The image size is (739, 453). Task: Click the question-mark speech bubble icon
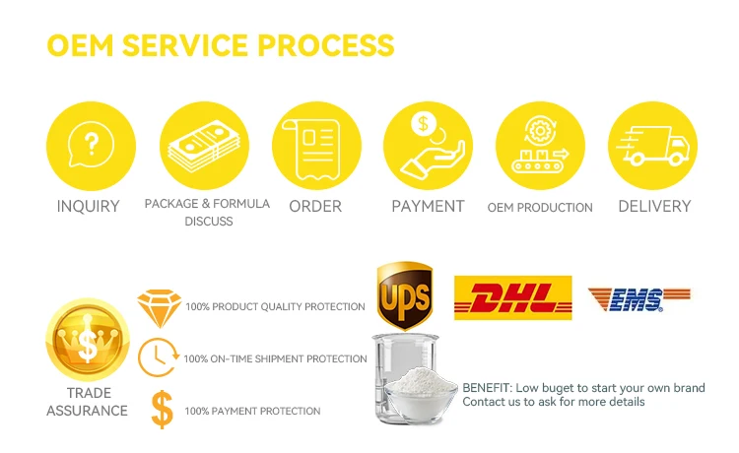click(89, 146)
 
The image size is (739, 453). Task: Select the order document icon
click(315, 146)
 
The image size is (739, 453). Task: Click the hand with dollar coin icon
click(428, 146)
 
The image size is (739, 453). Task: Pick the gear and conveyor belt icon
click(540, 146)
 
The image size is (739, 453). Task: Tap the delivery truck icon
click(652, 146)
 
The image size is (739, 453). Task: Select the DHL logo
click(512, 297)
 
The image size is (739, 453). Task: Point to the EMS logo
click(638, 298)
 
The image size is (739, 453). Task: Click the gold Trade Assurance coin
click(88, 340)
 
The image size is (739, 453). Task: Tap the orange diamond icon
click(157, 307)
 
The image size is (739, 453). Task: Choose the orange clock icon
click(158, 357)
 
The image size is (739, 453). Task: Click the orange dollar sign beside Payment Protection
click(159, 410)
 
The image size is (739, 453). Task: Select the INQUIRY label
click(88, 207)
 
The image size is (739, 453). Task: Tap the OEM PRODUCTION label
click(540, 208)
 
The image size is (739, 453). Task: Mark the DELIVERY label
click(654, 207)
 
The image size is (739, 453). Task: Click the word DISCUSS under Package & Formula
click(209, 222)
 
